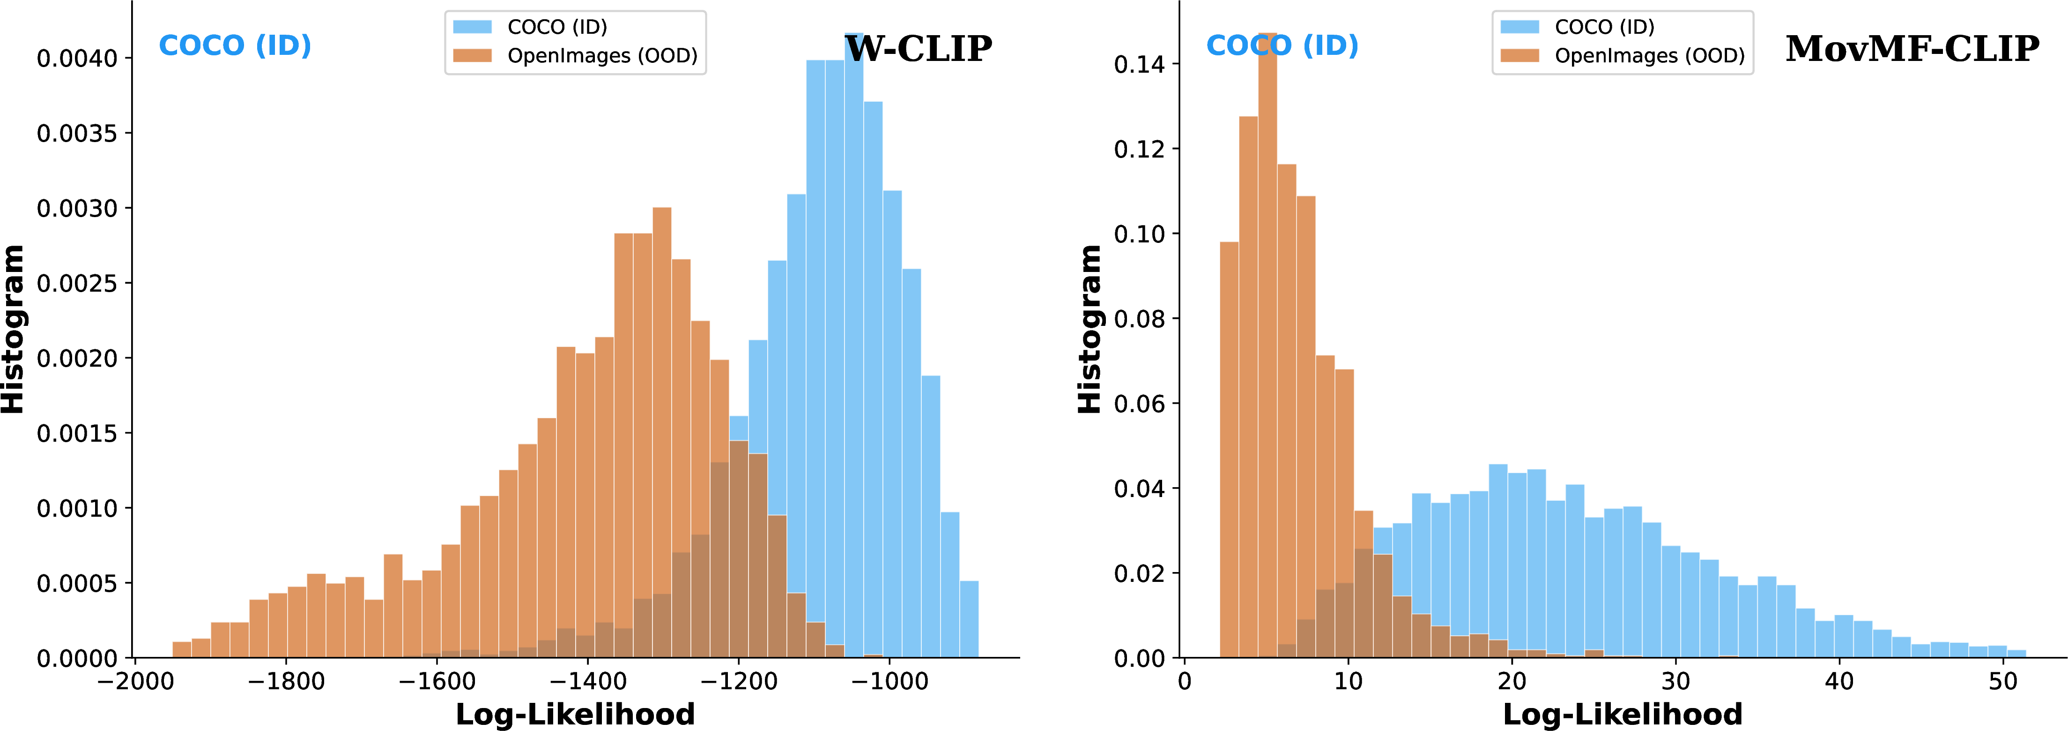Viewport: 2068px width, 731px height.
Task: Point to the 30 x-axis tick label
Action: (x=1675, y=682)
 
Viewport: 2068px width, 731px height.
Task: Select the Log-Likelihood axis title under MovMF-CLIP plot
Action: (x=1623, y=714)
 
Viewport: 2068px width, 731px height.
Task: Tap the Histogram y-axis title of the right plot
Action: (x=1090, y=329)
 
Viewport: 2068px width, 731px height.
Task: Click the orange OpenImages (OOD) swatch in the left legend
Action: (x=472, y=55)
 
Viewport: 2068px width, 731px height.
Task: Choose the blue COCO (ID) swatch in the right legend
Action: (x=1519, y=27)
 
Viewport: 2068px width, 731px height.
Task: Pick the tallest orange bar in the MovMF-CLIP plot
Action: (x=1267, y=346)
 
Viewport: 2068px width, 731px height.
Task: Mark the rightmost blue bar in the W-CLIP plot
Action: (x=969, y=619)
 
